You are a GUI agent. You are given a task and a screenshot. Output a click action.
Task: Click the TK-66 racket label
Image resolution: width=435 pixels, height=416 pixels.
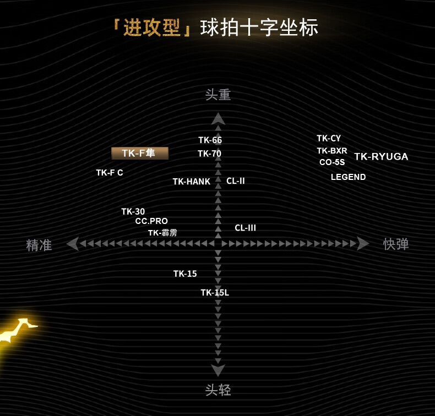pos(210,140)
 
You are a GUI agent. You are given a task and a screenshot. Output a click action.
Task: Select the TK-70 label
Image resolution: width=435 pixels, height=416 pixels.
pos(209,154)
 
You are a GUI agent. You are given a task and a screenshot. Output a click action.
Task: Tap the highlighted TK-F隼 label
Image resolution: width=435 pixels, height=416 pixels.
pos(140,154)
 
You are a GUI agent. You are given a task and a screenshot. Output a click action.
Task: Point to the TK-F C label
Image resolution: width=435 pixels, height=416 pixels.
pos(110,173)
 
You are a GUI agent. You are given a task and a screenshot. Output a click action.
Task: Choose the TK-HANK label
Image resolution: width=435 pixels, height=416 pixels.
pos(191,182)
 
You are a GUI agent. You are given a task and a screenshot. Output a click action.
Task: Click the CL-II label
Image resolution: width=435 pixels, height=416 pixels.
pos(236,181)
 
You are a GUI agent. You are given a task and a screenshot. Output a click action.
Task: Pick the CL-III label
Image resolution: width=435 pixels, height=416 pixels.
pos(245,228)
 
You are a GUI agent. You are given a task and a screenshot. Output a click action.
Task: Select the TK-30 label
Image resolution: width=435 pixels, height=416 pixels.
pos(133,211)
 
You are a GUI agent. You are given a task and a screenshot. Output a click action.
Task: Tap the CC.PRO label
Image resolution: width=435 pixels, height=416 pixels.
pos(151,221)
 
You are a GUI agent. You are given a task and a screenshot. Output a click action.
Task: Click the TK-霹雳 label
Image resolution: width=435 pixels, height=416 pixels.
pos(162,233)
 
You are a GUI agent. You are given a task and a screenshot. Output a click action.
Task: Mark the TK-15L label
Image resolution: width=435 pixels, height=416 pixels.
pos(215,293)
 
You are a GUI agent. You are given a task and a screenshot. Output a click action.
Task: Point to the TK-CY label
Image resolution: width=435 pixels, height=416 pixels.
pos(329,139)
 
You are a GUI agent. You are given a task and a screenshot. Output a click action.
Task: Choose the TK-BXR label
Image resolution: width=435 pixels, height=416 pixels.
pos(332,151)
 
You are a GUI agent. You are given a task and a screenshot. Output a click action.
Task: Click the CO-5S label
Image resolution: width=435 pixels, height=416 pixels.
pos(332,162)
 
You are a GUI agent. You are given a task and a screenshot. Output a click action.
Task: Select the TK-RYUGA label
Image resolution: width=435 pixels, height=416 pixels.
pos(381,157)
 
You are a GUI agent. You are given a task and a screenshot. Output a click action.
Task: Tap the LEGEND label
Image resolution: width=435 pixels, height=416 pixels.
pos(348,177)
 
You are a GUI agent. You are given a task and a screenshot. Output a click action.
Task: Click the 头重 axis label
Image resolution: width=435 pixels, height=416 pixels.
pos(218,95)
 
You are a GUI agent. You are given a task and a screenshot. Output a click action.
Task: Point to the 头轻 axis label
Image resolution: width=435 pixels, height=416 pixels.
pos(218,390)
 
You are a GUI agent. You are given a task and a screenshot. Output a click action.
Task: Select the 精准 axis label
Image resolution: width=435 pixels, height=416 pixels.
pos(39,245)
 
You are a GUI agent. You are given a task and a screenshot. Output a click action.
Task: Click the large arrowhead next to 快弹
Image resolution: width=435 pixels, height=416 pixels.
pos(363,243)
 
